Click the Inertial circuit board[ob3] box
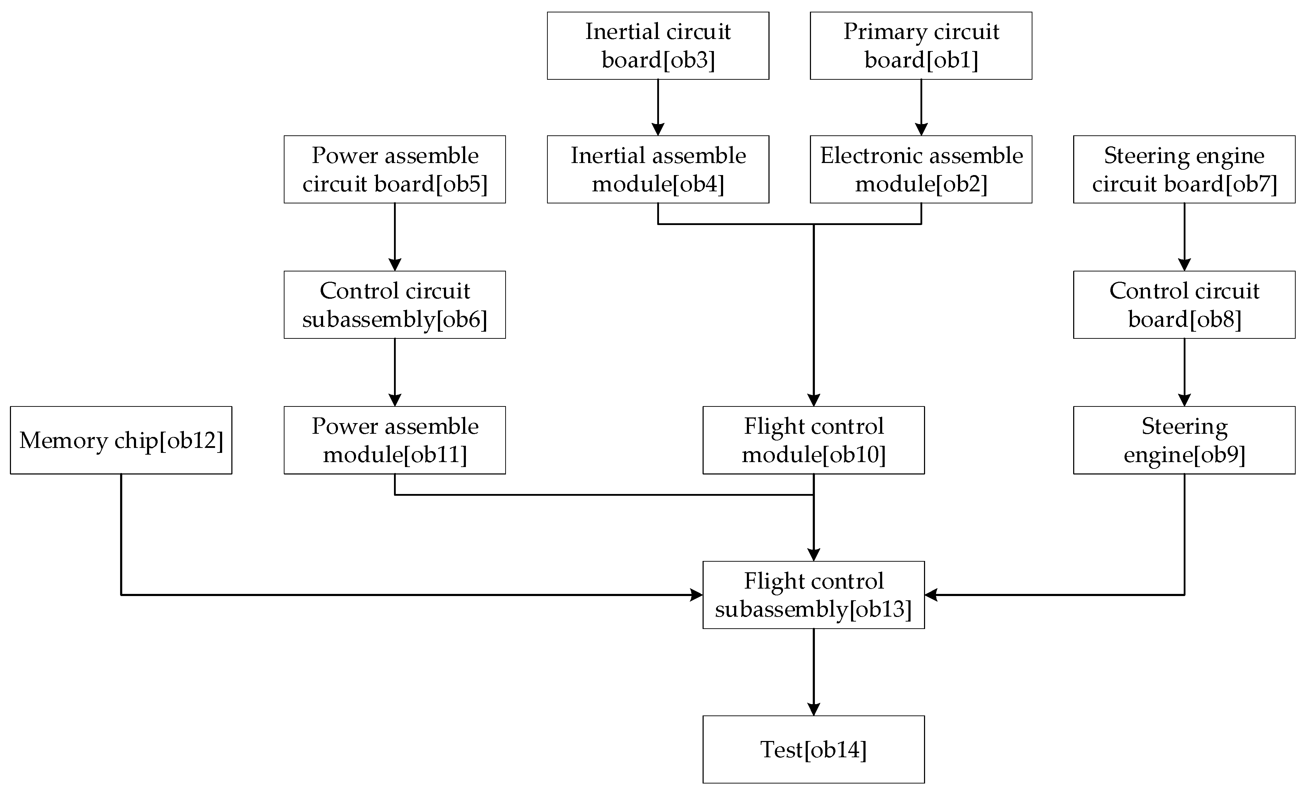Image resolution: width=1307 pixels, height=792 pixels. (658, 46)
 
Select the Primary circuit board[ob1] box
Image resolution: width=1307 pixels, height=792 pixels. (921, 46)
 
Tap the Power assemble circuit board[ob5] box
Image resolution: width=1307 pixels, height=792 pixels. (395, 169)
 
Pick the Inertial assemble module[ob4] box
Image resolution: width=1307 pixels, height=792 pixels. (658, 169)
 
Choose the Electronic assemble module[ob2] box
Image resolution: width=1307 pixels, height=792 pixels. (921, 169)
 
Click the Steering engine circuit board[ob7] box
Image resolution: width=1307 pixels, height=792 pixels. (1184, 169)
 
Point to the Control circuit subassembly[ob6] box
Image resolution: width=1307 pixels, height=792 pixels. (395, 304)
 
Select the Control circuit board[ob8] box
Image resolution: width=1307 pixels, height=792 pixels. (1184, 304)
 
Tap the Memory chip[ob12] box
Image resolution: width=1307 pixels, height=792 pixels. (121, 440)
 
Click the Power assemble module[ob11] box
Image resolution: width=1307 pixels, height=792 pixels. (395, 440)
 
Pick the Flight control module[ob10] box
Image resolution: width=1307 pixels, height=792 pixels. (814, 440)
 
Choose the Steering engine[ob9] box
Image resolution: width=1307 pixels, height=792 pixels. (1184, 440)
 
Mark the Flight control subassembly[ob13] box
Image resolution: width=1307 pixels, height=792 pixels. (814, 595)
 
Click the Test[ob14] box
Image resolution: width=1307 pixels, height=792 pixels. (814, 749)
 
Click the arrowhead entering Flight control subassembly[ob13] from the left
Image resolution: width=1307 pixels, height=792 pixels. (697, 595)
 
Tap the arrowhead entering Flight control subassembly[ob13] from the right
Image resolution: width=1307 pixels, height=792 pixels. (931, 595)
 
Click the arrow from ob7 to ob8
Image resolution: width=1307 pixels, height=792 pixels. (1184, 237)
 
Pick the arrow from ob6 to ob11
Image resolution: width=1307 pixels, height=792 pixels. (395, 372)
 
